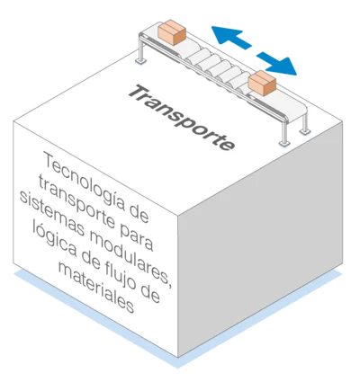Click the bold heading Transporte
[182, 119]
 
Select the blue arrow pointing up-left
[231, 37]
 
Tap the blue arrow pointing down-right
[276, 63]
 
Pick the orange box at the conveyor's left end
[172, 32]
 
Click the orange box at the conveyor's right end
[262, 83]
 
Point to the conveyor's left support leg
[140, 49]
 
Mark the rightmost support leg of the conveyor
[305, 123]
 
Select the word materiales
[96, 287]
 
